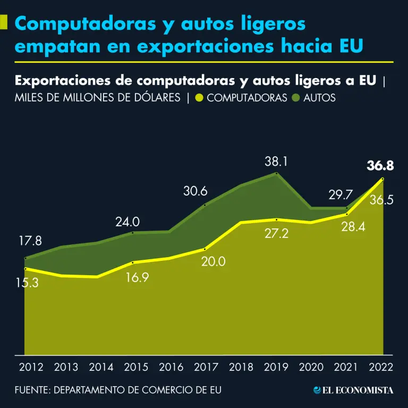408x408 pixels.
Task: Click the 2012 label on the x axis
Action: coord(31,367)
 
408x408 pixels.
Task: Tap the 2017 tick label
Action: coord(206,367)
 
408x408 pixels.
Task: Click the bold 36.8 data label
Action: coord(380,166)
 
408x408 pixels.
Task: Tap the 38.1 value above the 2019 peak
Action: coord(276,161)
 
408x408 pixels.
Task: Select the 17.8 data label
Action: coord(30,241)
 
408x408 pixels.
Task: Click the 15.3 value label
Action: coord(27,283)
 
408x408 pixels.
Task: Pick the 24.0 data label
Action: coord(127,222)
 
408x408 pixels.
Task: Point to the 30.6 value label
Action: coord(195,191)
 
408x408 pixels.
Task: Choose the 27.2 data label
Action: coord(276,233)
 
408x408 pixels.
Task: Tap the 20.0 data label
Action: coord(214,261)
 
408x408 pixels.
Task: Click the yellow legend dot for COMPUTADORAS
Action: coord(199,98)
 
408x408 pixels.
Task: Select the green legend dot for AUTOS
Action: coord(296,98)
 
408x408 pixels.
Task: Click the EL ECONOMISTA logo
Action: coord(354,390)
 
